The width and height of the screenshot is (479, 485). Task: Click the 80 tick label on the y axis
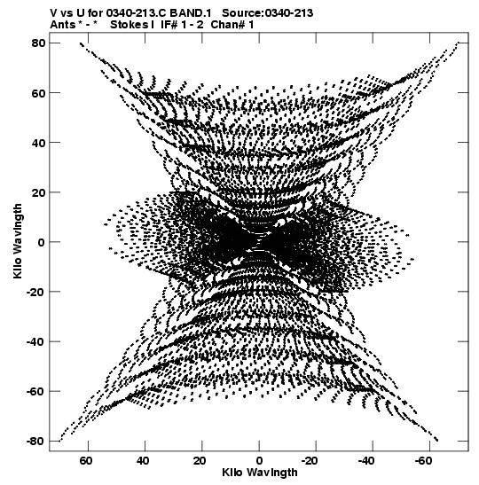pos(38,43)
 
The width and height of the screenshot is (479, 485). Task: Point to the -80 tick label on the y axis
pos(35,441)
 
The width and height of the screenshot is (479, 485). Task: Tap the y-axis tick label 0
pos(42,242)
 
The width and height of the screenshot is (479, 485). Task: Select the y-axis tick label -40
pos(35,341)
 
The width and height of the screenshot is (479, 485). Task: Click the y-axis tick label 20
pos(38,192)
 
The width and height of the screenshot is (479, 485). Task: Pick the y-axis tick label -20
pos(35,292)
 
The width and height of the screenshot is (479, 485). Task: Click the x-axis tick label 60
pos(86,461)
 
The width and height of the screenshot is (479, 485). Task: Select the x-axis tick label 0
pos(259,461)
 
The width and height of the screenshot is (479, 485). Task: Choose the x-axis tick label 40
pos(143,461)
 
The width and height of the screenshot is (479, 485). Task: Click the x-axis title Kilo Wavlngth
pos(260,473)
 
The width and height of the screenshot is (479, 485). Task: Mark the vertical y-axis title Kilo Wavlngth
pos(18,241)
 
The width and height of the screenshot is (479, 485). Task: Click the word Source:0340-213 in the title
pos(267,13)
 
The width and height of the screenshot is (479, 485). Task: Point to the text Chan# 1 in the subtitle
pos(232,25)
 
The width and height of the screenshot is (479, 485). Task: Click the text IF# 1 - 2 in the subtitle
pos(182,25)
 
